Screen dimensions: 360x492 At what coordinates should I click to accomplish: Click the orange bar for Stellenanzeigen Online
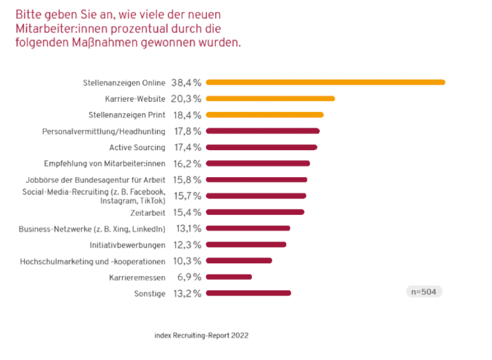(x=326, y=82)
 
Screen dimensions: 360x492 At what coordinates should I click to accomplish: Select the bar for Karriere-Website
(x=270, y=98)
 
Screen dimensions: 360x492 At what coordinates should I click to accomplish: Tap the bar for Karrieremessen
(x=229, y=277)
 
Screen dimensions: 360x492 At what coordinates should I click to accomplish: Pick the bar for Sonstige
(x=249, y=292)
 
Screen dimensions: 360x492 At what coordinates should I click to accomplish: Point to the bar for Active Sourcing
(x=261, y=147)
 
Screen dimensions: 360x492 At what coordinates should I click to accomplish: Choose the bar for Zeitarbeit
(x=255, y=212)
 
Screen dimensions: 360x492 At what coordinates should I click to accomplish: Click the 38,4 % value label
(x=186, y=83)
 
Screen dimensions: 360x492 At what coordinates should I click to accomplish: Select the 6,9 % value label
(x=188, y=277)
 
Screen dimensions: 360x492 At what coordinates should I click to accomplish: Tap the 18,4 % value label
(x=186, y=115)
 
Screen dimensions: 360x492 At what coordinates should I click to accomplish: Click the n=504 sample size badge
(x=424, y=292)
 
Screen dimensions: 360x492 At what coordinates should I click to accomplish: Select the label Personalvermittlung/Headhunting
(x=103, y=132)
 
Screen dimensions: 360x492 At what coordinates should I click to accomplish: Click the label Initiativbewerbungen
(x=127, y=245)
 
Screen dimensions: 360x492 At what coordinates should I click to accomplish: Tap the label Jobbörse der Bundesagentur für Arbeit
(x=96, y=180)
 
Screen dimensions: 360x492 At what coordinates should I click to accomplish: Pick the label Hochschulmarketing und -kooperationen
(x=93, y=262)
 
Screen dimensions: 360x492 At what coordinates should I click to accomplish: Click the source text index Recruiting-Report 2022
(x=201, y=335)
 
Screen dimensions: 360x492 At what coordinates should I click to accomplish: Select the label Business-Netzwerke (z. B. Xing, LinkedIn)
(x=92, y=229)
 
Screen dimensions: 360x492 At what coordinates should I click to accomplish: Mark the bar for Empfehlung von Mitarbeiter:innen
(x=258, y=164)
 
